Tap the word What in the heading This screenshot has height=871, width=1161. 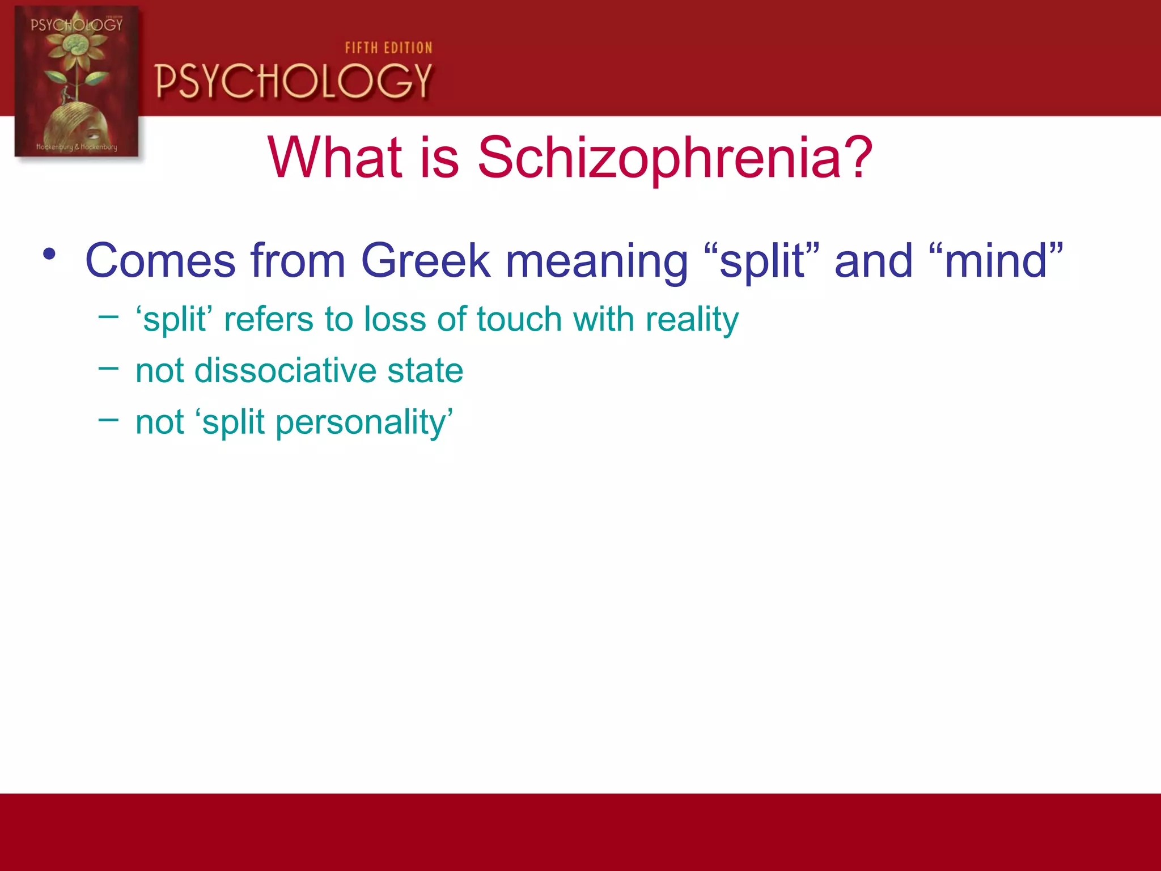pyautogui.click(x=334, y=158)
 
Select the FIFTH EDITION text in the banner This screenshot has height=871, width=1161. pyautogui.click(x=388, y=48)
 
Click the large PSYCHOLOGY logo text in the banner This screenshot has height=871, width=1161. pyautogui.click(x=294, y=81)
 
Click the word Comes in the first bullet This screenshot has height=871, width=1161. pyautogui.click(x=160, y=261)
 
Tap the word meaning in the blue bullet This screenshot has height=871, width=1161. pyautogui.click(x=596, y=262)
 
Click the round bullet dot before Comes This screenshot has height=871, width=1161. pyautogui.click(x=49, y=253)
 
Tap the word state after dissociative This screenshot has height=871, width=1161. pyautogui.click(x=425, y=371)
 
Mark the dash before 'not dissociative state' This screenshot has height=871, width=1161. pyautogui.click(x=108, y=369)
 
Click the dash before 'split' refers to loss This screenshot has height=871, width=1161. pyautogui.click(x=108, y=317)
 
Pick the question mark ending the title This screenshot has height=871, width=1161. pyautogui.click(x=858, y=158)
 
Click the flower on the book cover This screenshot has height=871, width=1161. pyautogui.click(x=75, y=48)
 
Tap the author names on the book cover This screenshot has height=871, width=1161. pyautogui.click(x=77, y=147)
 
